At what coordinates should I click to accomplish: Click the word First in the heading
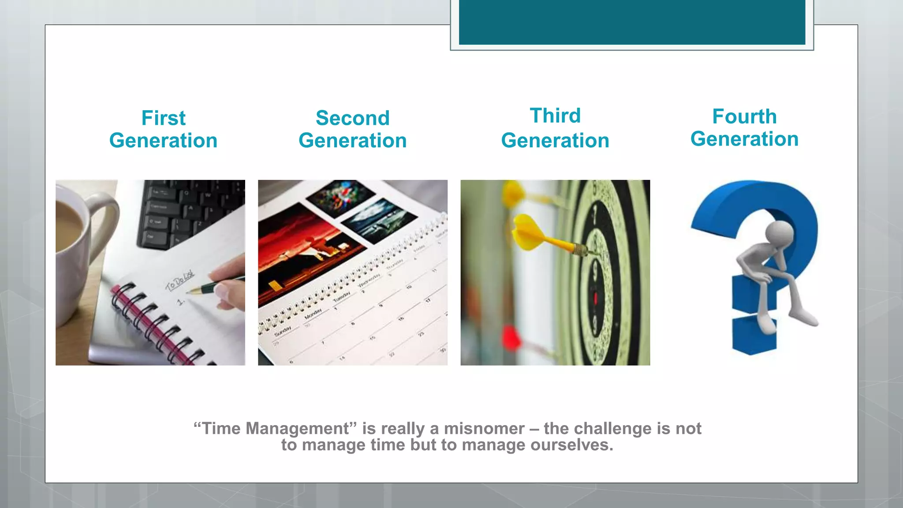coord(163,118)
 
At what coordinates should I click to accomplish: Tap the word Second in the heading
coord(352,118)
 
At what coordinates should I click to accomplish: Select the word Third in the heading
coord(555,116)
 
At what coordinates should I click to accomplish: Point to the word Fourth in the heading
coord(744,117)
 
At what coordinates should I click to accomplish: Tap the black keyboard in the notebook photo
coord(190,212)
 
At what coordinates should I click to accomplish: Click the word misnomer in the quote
coord(484,429)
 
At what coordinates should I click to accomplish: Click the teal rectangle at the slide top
coord(632,22)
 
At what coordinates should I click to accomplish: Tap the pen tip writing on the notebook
coord(189,291)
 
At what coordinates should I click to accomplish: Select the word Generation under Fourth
coord(744,139)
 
